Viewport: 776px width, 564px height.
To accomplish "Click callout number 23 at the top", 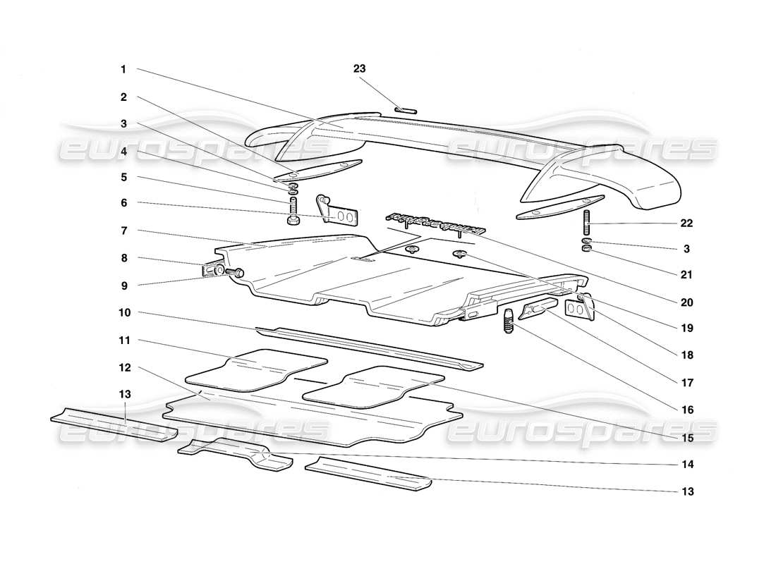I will (360, 68).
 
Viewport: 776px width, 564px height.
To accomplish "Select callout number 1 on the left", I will (123, 69).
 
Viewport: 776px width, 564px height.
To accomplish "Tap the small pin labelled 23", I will (406, 110).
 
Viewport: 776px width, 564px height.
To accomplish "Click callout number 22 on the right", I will (686, 223).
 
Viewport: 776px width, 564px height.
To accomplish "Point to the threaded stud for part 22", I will (586, 224).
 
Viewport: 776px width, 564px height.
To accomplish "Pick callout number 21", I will (686, 275).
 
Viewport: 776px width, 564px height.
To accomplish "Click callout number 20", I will (686, 302).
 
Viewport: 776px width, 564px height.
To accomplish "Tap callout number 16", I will (686, 410).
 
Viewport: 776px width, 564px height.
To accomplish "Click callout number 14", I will (686, 465).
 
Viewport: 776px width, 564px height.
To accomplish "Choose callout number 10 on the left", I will (124, 312).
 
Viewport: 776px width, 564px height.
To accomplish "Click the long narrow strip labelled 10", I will (367, 347).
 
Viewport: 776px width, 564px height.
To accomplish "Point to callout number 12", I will (124, 367).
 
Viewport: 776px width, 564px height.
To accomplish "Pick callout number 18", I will (686, 356).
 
